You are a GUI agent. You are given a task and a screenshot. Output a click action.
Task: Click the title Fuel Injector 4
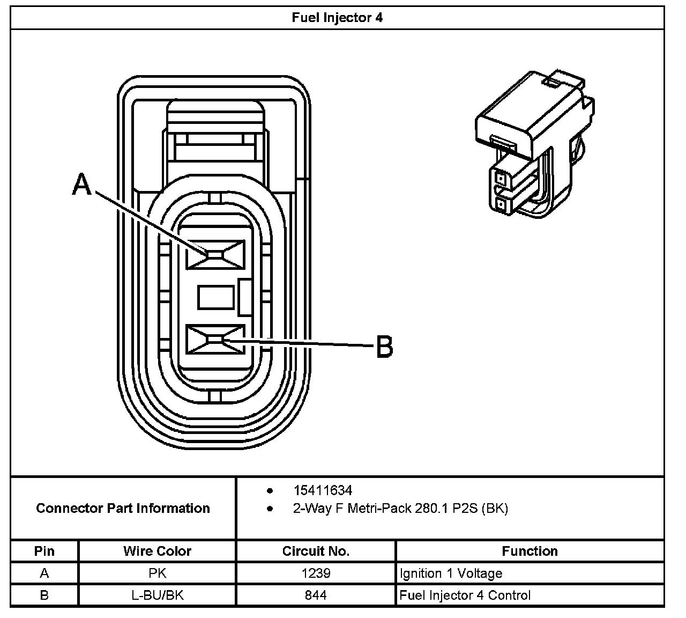tap(337, 17)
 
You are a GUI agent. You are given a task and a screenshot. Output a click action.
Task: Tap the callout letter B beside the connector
tap(384, 347)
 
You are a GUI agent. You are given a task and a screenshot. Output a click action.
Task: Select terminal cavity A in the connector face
tap(215, 254)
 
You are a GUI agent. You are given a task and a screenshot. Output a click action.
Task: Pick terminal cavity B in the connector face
tap(215, 340)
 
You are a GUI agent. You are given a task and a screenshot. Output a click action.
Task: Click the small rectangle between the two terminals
tap(217, 297)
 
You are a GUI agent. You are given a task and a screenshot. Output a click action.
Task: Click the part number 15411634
tap(323, 490)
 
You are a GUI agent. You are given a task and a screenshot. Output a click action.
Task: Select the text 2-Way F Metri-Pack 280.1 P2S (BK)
tap(400, 508)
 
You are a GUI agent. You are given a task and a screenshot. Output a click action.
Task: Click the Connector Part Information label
tap(123, 508)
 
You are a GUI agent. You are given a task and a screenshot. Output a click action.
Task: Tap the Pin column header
tap(44, 551)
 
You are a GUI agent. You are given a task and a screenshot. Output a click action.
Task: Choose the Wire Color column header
tap(157, 551)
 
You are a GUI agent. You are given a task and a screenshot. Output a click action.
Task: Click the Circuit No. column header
tap(316, 551)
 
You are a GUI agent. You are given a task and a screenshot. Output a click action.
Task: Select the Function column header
tap(530, 551)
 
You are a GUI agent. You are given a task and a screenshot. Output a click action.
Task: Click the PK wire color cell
tap(157, 573)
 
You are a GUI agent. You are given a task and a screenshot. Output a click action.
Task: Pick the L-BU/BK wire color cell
tap(157, 595)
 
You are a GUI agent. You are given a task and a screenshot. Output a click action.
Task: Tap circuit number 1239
tap(316, 573)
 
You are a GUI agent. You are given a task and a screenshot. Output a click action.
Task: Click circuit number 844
tap(316, 595)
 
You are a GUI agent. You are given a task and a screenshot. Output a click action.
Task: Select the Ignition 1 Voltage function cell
tap(451, 573)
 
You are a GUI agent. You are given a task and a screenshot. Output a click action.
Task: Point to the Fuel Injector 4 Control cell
tap(465, 595)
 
